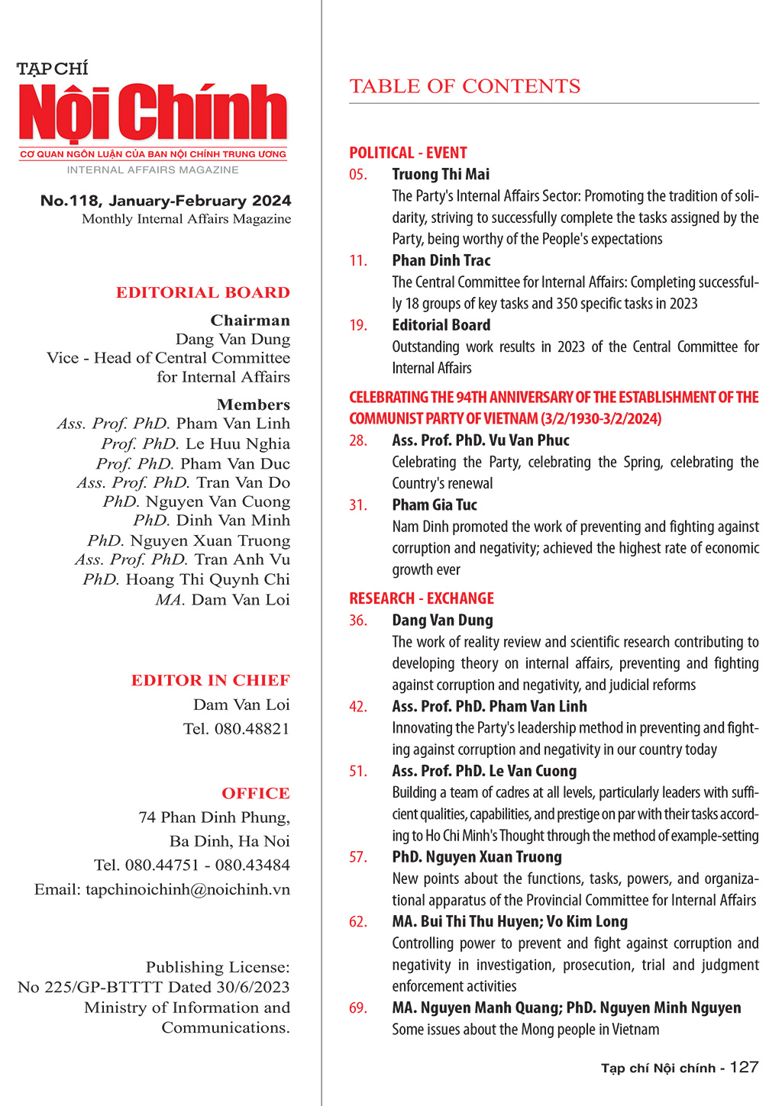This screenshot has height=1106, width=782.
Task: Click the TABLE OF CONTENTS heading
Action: [464, 86]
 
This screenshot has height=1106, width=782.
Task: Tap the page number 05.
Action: [358, 175]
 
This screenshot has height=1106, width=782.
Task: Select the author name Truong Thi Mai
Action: [441, 175]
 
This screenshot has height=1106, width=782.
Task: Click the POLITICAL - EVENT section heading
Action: [408, 153]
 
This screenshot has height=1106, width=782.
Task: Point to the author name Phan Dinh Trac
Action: [441, 261]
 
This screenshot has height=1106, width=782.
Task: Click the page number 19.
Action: [358, 325]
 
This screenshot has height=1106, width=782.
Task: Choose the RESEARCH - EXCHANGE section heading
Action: [422, 598]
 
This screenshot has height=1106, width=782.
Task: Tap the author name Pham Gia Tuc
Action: [435, 505]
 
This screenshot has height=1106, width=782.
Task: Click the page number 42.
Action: [358, 707]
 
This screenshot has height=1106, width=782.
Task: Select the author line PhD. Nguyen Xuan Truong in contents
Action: [477, 857]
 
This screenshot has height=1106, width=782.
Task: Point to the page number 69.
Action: [358, 1008]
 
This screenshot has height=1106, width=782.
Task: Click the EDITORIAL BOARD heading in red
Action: [202, 292]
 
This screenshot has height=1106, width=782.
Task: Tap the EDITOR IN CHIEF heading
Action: [210, 680]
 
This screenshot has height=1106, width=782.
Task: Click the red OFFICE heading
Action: [256, 793]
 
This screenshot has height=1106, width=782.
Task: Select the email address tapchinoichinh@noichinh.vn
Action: [188, 889]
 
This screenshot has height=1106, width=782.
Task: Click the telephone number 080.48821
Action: [252, 729]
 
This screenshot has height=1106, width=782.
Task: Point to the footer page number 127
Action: [744, 1067]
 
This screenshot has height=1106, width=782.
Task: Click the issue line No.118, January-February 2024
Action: [166, 201]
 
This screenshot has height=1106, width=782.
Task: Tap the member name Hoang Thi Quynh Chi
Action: [208, 579]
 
